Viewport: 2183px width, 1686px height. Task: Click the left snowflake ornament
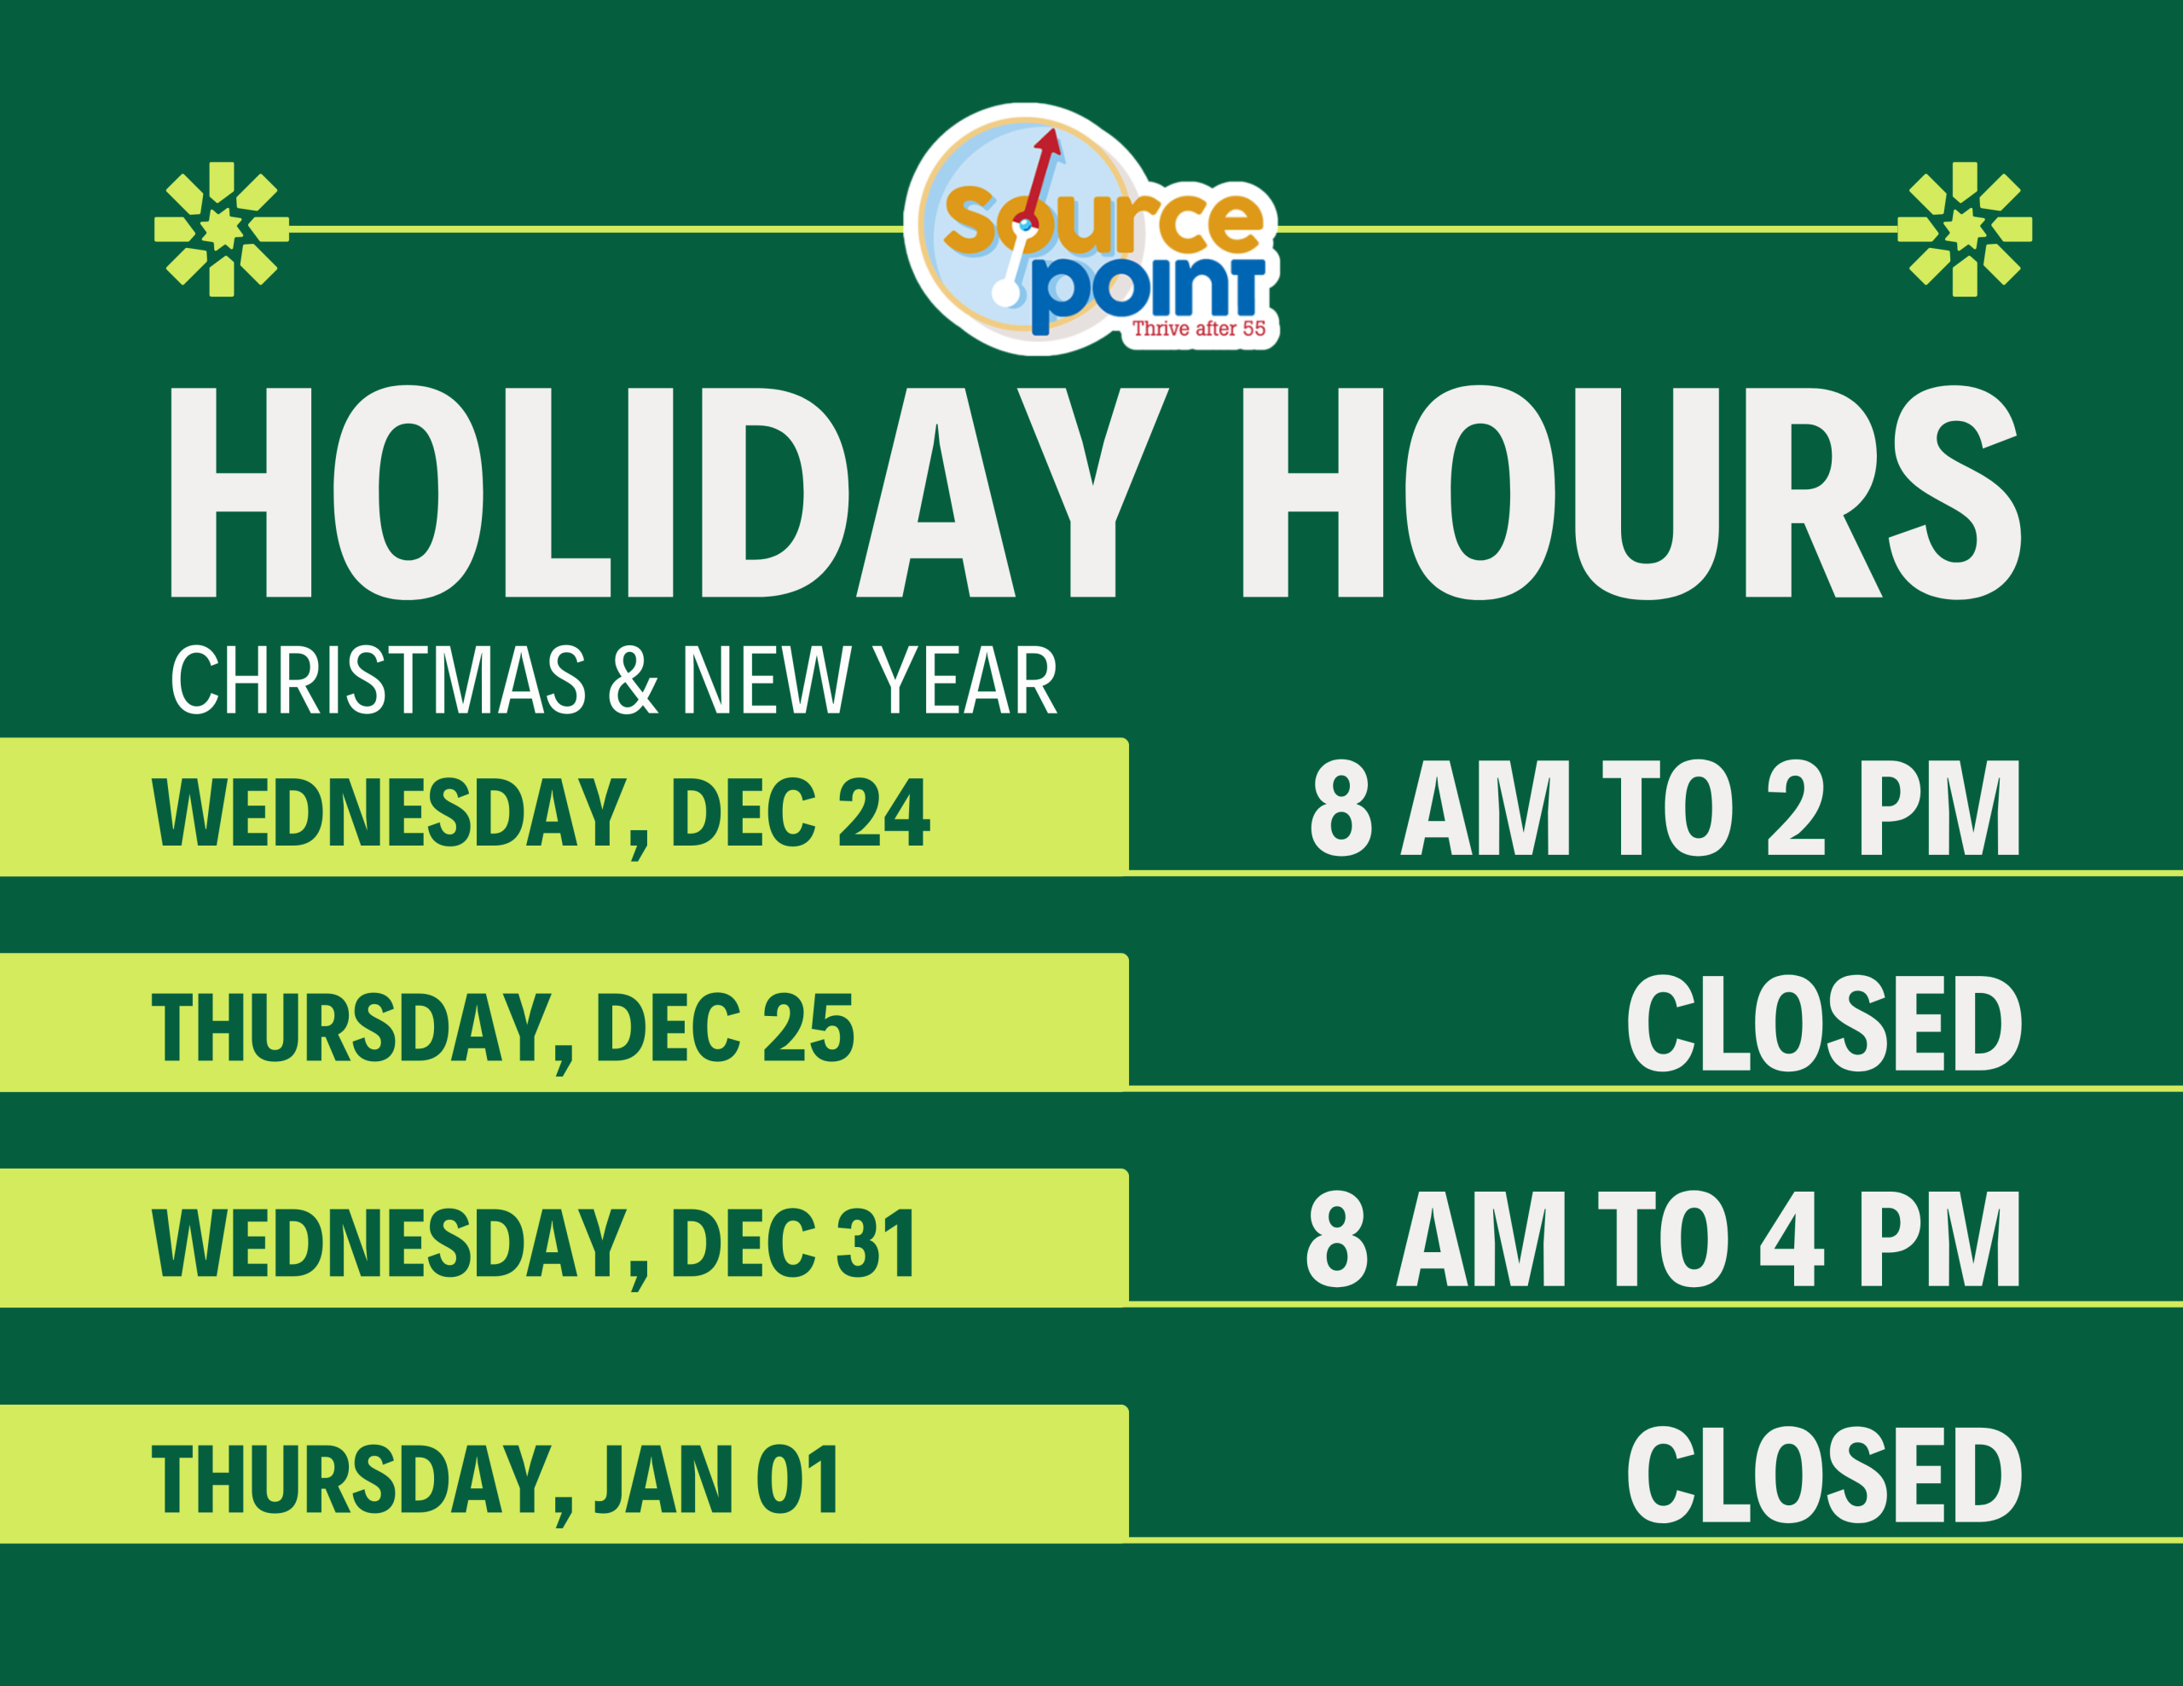[x=221, y=229]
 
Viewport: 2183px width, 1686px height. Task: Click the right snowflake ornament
[x=1964, y=229]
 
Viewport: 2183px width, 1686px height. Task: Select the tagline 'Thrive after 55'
[x=1198, y=329]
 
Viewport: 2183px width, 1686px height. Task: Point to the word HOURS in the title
[x=1631, y=493]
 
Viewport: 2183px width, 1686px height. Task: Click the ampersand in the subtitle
[x=634, y=679]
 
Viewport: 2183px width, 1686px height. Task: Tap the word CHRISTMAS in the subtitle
[x=378, y=679]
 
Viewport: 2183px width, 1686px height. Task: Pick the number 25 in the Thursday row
[x=808, y=1028]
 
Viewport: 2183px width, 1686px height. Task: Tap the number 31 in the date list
[x=876, y=1244]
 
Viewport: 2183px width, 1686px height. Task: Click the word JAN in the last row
[x=664, y=1480]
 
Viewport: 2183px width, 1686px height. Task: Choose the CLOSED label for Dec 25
[x=1824, y=1025]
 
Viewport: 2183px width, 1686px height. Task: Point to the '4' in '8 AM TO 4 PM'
[x=1792, y=1239]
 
